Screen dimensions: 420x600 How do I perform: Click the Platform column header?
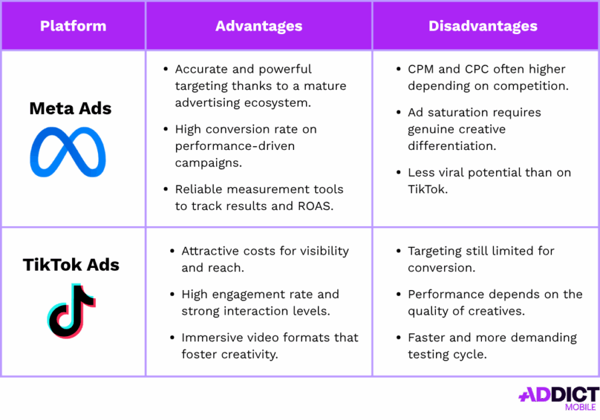click(73, 27)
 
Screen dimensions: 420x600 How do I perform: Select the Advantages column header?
click(259, 27)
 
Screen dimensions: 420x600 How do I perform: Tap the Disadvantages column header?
click(483, 27)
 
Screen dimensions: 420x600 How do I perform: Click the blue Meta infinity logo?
click(68, 153)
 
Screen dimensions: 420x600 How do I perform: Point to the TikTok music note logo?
click(71, 311)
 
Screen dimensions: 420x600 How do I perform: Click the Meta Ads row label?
click(70, 109)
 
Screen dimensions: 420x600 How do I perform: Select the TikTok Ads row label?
click(71, 265)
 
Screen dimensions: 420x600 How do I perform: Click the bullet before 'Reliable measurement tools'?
click(166, 189)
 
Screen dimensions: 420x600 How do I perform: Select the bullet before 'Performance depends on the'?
click(399, 294)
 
